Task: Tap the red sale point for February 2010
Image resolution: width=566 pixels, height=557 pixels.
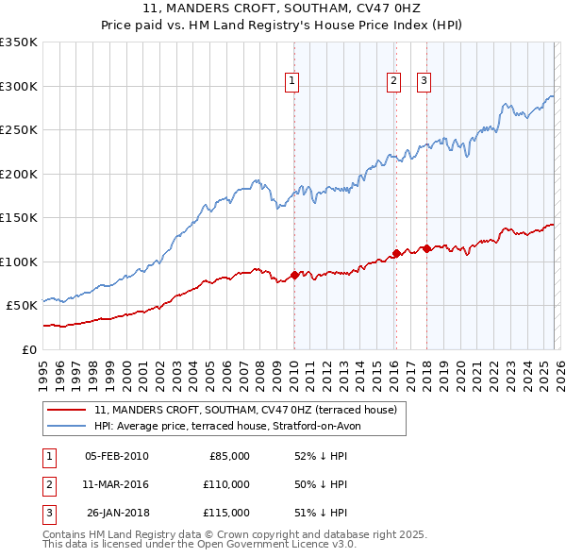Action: point(294,275)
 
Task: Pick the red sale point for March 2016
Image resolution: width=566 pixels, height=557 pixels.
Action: point(395,253)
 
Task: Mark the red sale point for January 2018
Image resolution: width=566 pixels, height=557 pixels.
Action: point(426,248)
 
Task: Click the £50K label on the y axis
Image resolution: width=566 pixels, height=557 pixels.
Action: point(22,305)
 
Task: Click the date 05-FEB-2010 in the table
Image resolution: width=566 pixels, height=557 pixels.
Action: point(116,456)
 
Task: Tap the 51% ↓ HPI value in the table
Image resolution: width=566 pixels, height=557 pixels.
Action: point(321,513)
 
